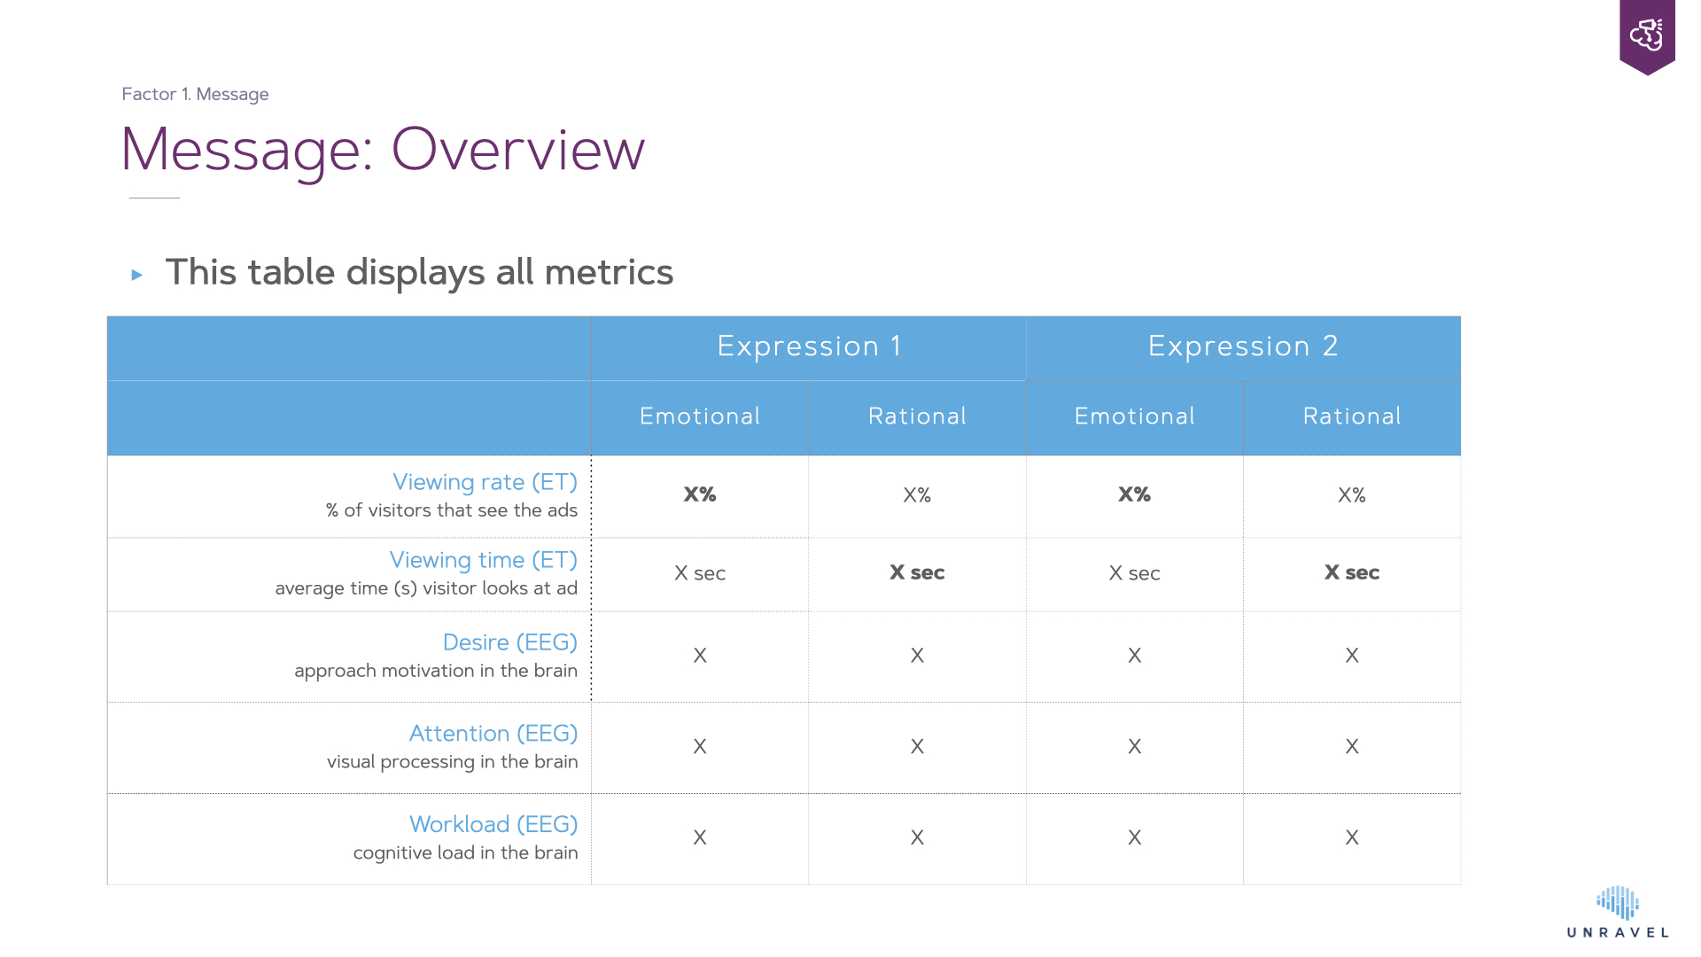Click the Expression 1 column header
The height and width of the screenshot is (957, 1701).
[x=809, y=346]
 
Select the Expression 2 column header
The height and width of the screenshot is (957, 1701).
[x=1243, y=346]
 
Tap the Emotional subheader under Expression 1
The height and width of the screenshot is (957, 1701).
[x=700, y=416]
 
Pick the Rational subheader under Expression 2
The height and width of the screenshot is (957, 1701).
[x=1352, y=416]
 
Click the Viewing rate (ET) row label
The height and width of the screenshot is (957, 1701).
[x=485, y=482]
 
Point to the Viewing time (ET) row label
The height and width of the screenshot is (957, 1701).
[x=484, y=560]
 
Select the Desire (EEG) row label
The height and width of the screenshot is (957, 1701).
[x=510, y=642]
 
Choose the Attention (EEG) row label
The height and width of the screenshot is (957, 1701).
[x=493, y=734]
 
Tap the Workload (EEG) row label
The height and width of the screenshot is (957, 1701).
[x=493, y=824]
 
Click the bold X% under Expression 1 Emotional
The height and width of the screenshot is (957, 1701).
[x=700, y=494]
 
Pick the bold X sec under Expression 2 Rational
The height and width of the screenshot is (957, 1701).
[x=1352, y=572]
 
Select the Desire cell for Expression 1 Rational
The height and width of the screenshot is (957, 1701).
[x=917, y=656]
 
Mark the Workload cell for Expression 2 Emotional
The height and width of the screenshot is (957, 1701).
[x=1135, y=837]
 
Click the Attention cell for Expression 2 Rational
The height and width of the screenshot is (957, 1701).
[x=1352, y=747]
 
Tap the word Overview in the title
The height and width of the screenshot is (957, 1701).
[x=518, y=149]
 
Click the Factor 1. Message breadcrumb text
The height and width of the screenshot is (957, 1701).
[x=195, y=94]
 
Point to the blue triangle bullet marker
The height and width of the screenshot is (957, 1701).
[x=137, y=275]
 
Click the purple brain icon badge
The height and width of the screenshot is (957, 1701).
[x=1647, y=36]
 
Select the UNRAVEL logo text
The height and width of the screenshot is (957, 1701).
[x=1618, y=932]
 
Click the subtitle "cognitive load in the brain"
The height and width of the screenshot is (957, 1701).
[x=466, y=852]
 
